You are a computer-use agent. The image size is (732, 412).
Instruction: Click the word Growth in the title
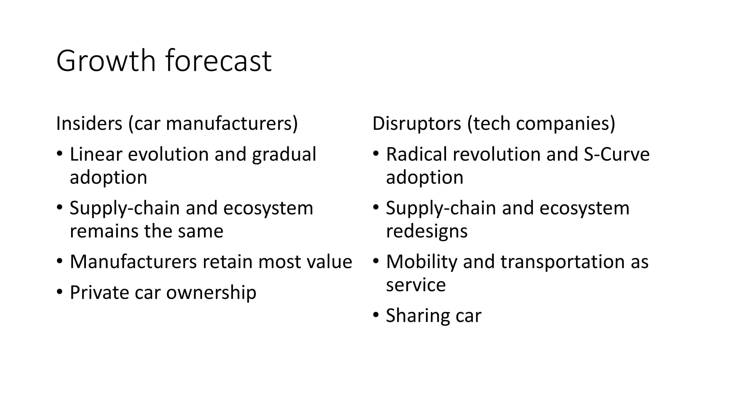point(106,61)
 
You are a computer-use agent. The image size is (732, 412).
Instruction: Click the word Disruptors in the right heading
point(417,124)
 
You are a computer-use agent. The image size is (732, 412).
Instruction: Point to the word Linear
point(96,154)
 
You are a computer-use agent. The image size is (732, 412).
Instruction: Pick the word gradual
point(284,155)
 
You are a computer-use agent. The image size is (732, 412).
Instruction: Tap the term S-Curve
point(617,154)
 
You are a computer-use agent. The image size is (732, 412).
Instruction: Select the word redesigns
point(427,232)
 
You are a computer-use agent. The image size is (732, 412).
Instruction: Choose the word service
point(416,285)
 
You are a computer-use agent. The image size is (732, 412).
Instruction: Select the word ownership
point(211,293)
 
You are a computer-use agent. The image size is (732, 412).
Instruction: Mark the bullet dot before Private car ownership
point(59,292)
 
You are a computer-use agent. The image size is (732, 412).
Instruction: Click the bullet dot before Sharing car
point(376,315)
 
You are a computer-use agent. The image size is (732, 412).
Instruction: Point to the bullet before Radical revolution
point(376,154)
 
